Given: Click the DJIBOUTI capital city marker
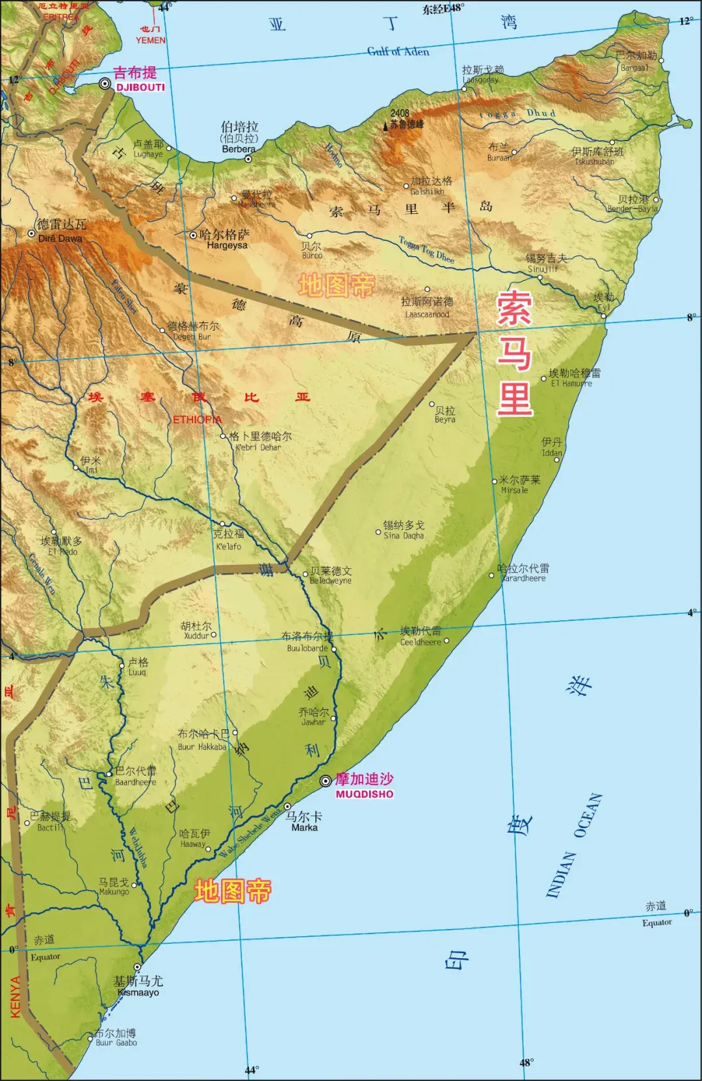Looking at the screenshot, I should click(x=105, y=84).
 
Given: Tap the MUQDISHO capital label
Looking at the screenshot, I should click(x=364, y=794).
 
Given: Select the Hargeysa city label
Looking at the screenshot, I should click(x=227, y=246).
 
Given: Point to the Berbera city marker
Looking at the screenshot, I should click(x=248, y=159).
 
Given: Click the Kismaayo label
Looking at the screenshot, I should click(x=138, y=993).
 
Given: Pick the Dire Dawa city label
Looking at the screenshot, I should click(x=60, y=239).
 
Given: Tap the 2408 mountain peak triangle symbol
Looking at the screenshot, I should click(x=385, y=125).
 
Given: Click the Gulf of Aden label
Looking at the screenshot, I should click(x=398, y=51).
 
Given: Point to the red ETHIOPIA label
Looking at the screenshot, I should click(x=197, y=420).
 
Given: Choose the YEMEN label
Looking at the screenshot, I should click(x=150, y=40).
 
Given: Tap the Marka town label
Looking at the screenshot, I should click(x=304, y=827).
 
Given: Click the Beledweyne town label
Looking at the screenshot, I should click(x=330, y=580).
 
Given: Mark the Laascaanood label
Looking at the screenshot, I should click(x=426, y=315).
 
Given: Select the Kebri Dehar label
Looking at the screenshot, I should click(x=258, y=447).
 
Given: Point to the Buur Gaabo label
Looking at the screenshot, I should click(x=116, y=1043).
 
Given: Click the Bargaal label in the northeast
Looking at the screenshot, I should click(x=634, y=68).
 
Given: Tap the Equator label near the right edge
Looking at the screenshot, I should click(x=656, y=922).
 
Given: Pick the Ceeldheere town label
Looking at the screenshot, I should click(x=420, y=642).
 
